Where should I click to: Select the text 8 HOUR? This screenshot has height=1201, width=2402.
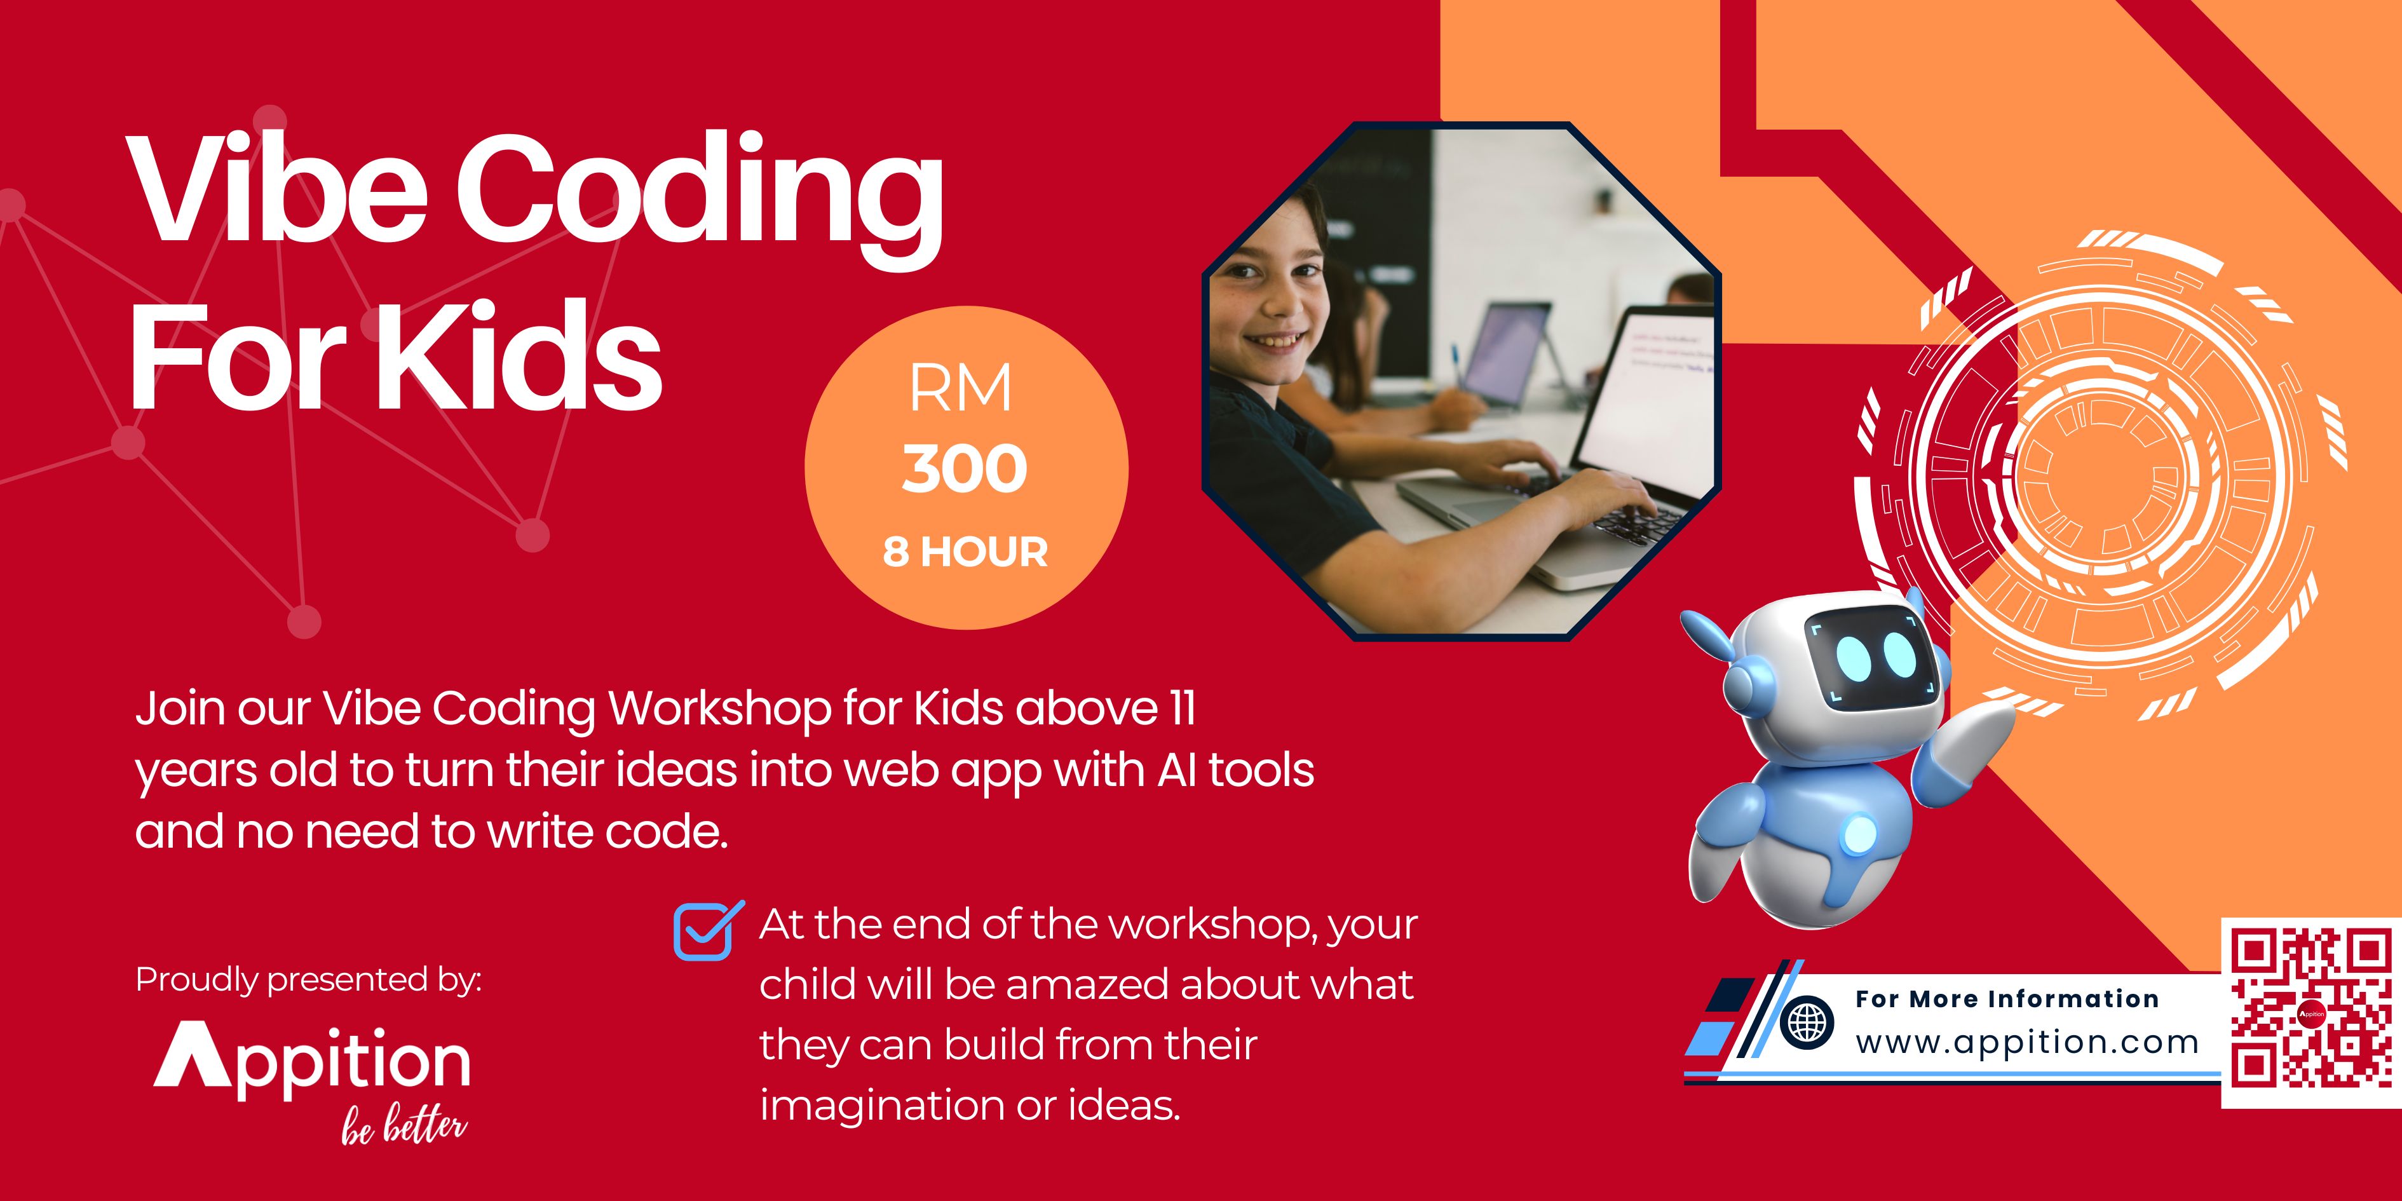click(x=965, y=552)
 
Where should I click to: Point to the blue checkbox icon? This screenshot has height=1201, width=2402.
click(x=707, y=930)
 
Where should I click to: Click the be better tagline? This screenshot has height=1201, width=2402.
click(x=404, y=1127)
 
